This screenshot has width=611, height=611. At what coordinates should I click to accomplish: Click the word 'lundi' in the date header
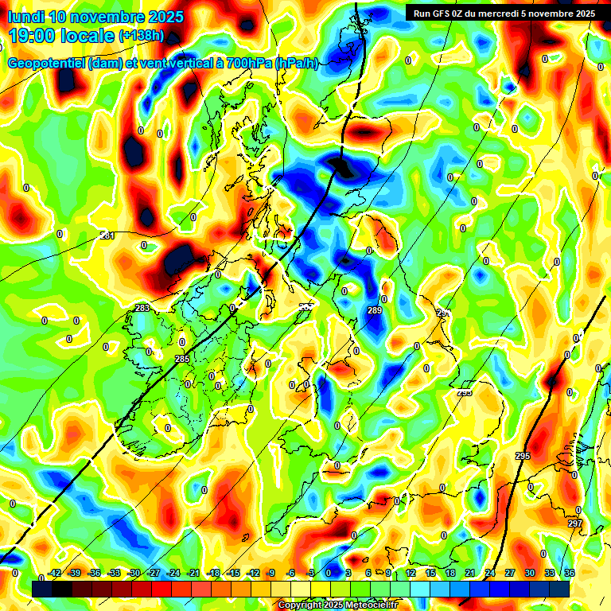coord(28,17)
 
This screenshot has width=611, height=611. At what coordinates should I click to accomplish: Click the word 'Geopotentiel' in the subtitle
coord(47,64)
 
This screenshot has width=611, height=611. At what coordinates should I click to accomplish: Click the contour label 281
coord(107,235)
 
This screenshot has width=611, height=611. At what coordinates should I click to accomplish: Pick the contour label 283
coord(142,308)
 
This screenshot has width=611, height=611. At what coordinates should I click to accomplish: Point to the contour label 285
coord(182,359)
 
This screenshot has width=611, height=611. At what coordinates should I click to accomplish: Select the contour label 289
coord(375,310)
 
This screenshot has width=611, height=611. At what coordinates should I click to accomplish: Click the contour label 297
coord(574,523)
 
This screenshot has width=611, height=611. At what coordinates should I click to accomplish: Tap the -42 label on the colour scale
coord(55,573)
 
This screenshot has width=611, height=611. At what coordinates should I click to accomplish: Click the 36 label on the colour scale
coord(569,573)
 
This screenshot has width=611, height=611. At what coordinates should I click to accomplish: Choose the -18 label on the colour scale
coord(213,573)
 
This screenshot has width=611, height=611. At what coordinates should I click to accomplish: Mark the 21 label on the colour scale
coord(469,573)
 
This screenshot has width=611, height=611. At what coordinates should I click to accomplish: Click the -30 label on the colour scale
coord(134,573)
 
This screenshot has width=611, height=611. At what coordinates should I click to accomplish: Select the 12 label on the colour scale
coord(411,573)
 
